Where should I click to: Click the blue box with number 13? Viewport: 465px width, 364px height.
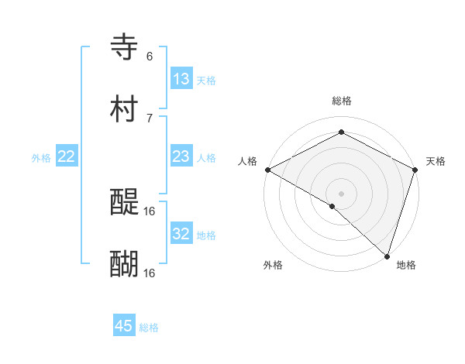[181, 79]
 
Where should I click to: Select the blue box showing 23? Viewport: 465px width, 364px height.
[181, 156]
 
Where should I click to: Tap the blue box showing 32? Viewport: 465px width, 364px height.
[181, 234]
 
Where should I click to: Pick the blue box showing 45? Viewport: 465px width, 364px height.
[124, 326]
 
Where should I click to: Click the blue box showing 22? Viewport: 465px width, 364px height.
[67, 156]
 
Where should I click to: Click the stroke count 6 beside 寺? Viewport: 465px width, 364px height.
[150, 57]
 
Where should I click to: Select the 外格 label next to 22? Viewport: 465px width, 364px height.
[41, 158]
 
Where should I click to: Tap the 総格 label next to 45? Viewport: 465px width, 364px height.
[149, 328]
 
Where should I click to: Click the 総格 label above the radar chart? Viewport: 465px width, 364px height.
[342, 101]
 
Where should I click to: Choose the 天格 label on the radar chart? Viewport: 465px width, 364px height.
[436, 161]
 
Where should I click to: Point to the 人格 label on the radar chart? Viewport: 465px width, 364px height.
[247, 161]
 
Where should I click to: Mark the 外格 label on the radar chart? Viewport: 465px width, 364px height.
[273, 266]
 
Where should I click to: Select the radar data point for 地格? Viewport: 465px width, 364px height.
[387, 256]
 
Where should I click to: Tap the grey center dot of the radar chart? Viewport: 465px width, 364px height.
[342, 193]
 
